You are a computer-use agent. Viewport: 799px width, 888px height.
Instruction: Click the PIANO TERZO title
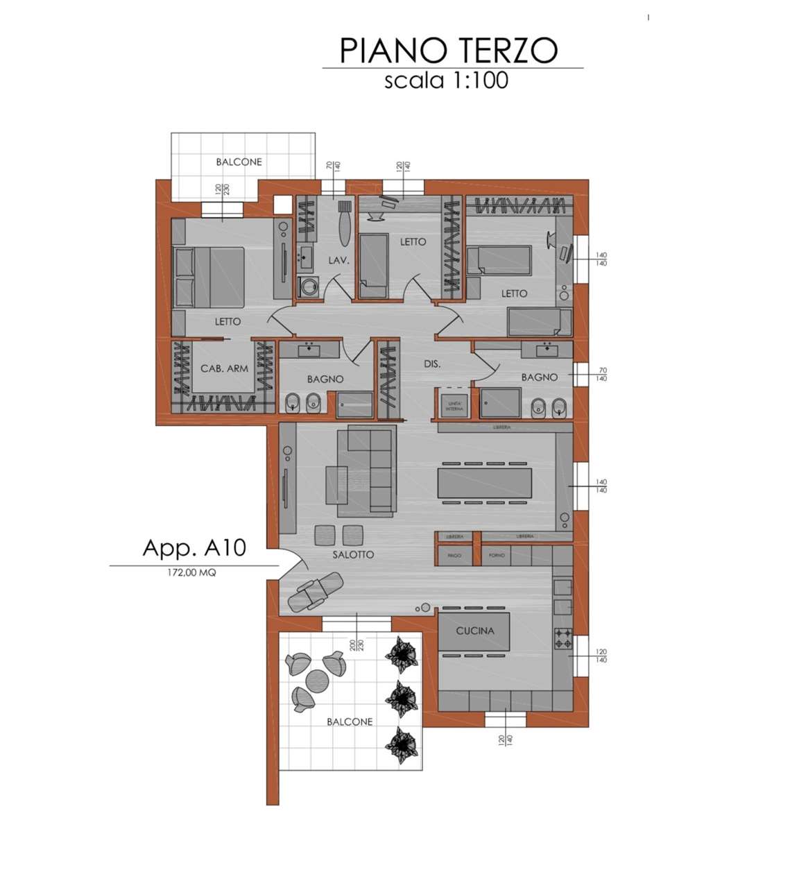click(449, 51)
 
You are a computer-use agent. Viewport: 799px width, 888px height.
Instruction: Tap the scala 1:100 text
click(446, 80)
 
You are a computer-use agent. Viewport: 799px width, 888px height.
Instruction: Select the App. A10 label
click(194, 547)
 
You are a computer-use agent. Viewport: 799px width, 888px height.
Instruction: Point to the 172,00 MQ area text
click(191, 573)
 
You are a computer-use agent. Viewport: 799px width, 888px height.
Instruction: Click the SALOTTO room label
click(353, 554)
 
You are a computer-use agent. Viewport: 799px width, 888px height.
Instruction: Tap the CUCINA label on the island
click(475, 631)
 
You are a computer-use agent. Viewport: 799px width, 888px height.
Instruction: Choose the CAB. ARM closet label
click(224, 368)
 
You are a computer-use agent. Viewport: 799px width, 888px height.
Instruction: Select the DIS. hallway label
click(432, 364)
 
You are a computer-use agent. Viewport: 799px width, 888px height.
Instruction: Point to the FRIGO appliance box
click(455, 556)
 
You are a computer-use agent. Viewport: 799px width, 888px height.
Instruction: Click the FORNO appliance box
click(497, 556)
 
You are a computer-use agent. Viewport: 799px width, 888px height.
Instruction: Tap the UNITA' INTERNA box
click(454, 406)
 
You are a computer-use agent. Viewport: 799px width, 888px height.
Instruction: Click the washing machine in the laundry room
click(307, 286)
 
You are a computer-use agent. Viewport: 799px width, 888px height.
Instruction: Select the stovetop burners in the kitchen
click(562, 638)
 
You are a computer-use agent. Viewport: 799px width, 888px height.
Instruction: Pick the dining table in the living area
click(484, 482)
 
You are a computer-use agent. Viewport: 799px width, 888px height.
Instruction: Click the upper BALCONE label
click(239, 162)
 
